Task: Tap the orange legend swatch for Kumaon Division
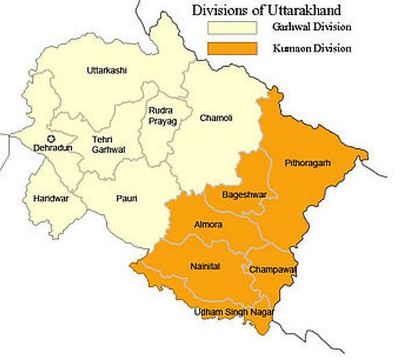[232, 49]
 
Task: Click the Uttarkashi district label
[108, 71]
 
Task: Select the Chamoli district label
[215, 118]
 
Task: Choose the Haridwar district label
[51, 199]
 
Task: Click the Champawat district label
[272, 269]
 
